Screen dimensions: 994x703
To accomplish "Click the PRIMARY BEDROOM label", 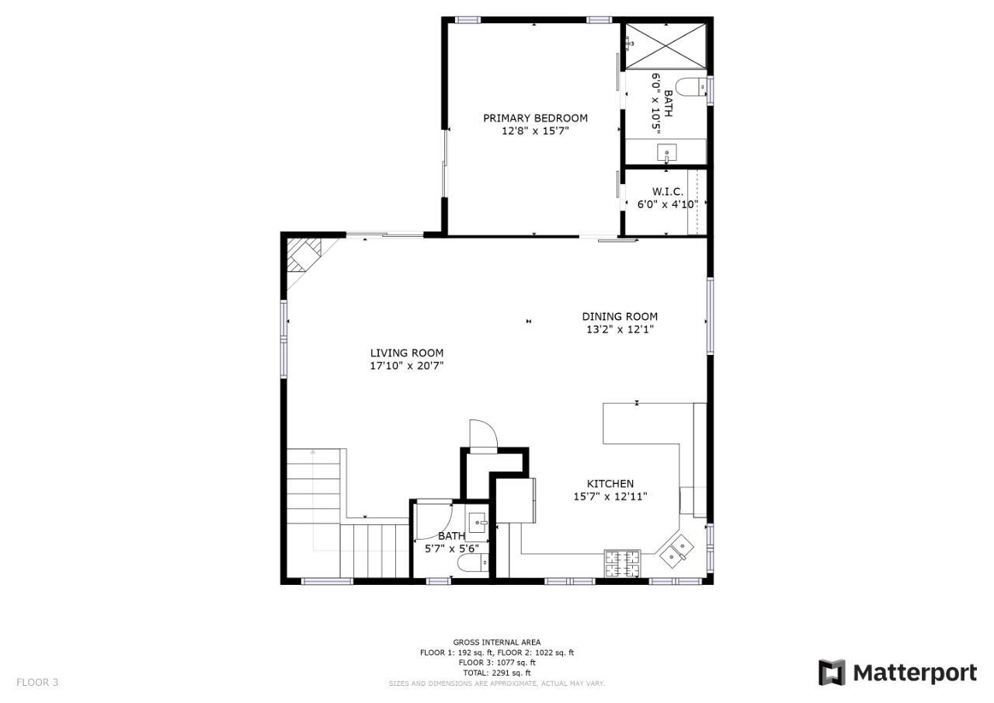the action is coord(535,118).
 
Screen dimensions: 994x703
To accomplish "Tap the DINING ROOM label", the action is coord(620,316).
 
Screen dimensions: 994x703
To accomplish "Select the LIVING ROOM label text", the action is coord(407,353).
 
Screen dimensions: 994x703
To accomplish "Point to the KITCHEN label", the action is coord(610,484).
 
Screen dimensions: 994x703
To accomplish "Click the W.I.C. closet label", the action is coord(667,192).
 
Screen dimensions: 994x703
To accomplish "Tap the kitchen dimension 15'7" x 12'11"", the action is coord(610,496).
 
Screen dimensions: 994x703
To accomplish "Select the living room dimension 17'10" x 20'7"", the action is coord(407,366).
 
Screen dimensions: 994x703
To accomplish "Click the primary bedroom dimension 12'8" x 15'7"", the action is coord(535,131).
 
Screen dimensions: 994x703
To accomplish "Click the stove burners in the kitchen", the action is coord(622,563).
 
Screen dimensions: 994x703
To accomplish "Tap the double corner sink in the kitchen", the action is coord(676,551).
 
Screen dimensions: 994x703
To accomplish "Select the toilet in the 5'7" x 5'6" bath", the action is coord(473,563).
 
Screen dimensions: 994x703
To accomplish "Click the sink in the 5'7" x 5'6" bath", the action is coord(477,523).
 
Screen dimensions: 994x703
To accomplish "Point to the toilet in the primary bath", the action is coord(691,86).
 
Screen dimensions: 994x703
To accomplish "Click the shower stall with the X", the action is coord(666,46).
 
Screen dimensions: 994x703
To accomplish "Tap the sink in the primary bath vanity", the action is coord(666,152).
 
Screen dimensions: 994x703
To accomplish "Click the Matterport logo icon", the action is coord(832,673).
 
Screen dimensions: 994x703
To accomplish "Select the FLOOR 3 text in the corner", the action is coord(37,682).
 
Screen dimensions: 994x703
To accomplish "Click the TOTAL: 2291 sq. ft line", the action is coord(497,673).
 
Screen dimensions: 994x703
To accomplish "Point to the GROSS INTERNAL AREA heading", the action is coord(497,642).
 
